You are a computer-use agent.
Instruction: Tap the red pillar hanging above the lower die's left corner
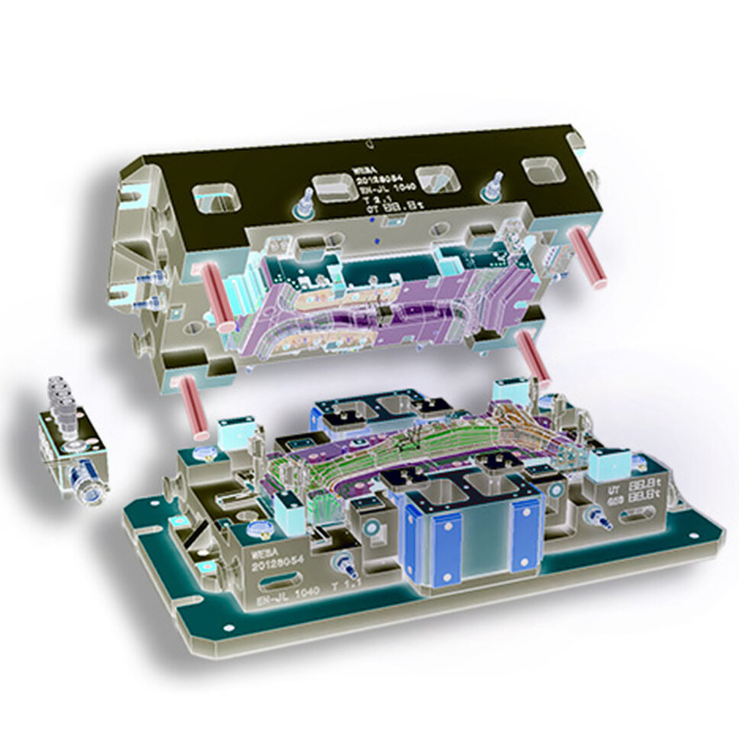[x=189, y=406]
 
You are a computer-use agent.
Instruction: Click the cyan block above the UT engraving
[x=608, y=461]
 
